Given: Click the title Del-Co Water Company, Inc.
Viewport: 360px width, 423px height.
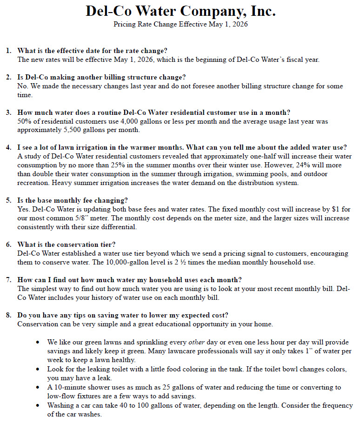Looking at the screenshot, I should pyautogui.click(x=180, y=11).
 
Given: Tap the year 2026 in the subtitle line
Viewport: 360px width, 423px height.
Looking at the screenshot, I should pyautogui.click(x=240, y=24).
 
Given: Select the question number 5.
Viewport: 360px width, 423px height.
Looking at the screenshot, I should pyautogui.click(x=9, y=200).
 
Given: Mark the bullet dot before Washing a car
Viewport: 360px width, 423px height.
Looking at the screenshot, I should pyautogui.click(x=38, y=406).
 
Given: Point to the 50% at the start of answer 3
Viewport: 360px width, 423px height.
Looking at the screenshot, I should pyautogui.click(x=24, y=121).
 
